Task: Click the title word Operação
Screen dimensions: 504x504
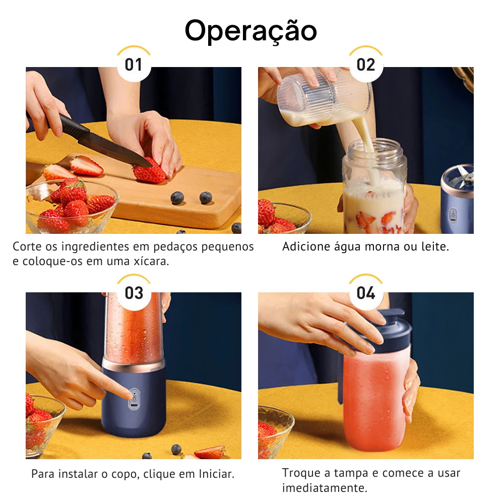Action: pyautogui.click(x=251, y=31)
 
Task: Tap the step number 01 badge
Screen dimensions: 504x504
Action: pyautogui.click(x=134, y=65)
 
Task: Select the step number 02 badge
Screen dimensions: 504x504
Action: pyautogui.click(x=366, y=65)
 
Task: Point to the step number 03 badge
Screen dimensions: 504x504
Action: pyautogui.click(x=134, y=293)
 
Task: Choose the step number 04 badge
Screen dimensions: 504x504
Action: pyautogui.click(x=366, y=293)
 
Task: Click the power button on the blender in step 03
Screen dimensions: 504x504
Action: pyautogui.click(x=135, y=399)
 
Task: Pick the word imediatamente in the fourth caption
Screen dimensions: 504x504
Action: pyautogui.click(x=325, y=488)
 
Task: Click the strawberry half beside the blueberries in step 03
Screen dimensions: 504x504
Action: pyautogui.click(x=210, y=452)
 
